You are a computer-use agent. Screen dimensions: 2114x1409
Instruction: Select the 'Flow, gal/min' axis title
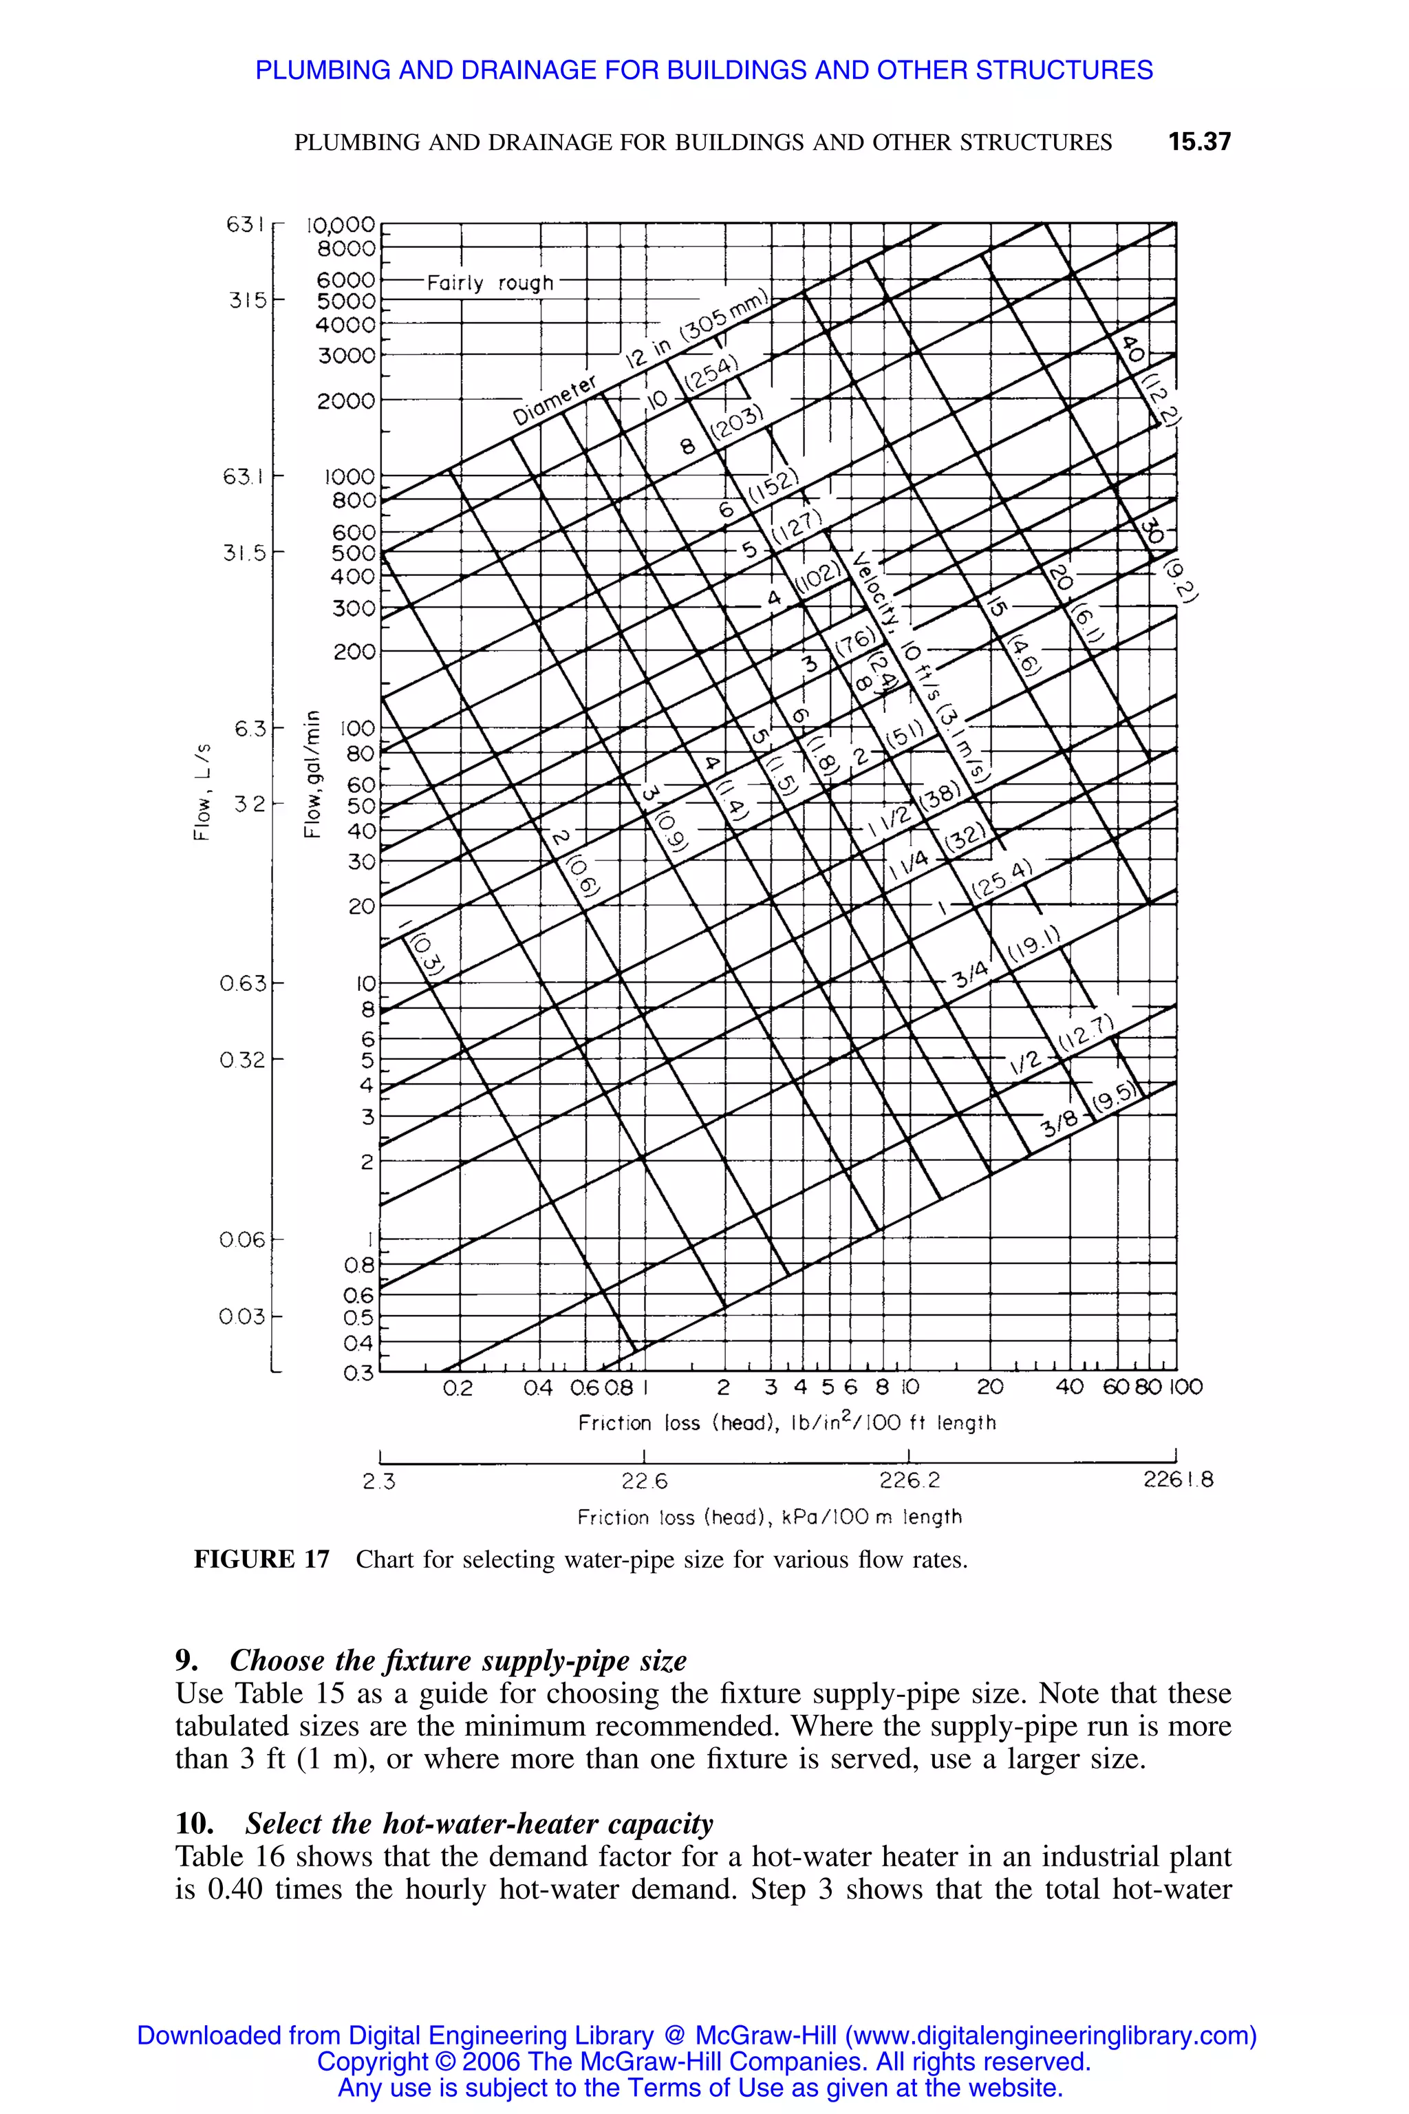pos(312,773)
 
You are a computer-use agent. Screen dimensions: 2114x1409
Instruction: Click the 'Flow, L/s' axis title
pos(203,791)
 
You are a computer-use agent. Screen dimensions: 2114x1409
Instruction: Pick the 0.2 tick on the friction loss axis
pos(458,1388)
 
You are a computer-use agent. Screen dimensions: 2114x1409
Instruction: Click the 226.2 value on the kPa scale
pos(910,1480)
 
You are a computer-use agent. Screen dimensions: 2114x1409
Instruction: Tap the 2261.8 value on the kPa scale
pos(1177,1480)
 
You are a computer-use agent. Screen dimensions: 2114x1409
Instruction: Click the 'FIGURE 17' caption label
pos(261,1559)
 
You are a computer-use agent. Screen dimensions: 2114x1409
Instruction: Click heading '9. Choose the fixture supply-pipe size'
pos(431,1660)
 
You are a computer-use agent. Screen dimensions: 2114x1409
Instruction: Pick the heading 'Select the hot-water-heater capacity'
pos(479,1824)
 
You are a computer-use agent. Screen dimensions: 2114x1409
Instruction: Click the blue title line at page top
pos(704,70)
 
